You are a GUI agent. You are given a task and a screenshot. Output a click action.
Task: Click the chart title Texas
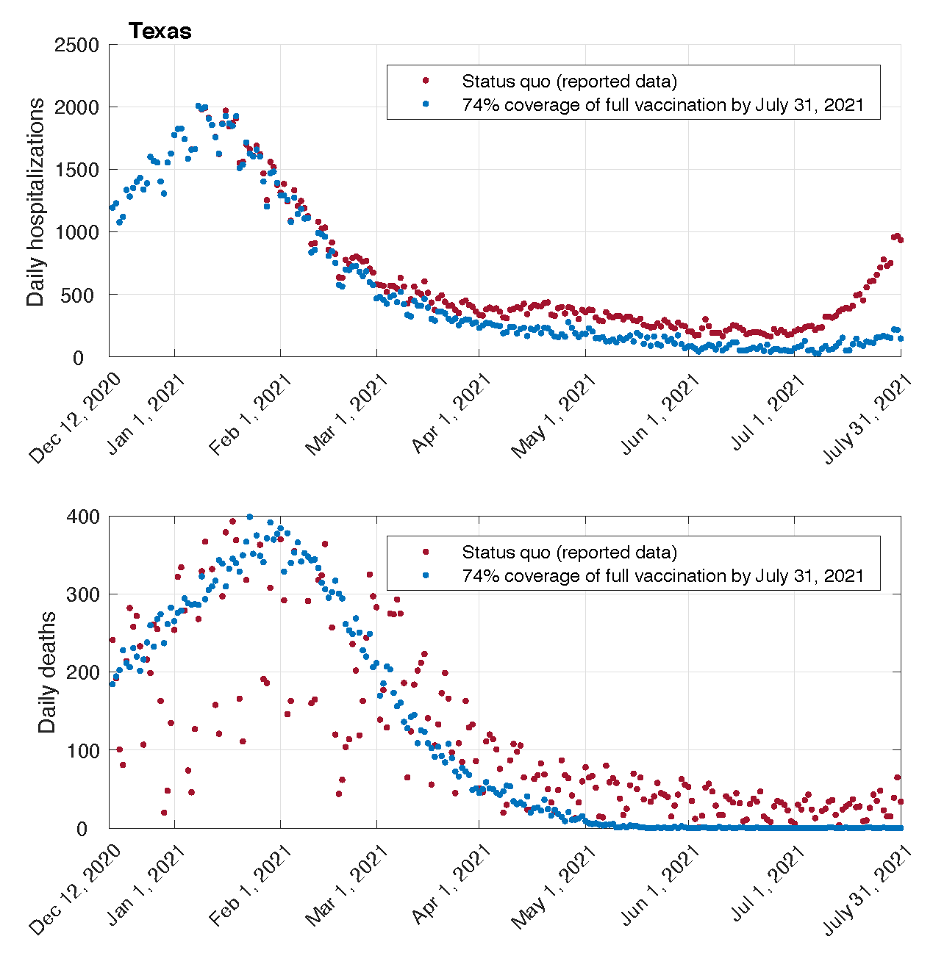(160, 31)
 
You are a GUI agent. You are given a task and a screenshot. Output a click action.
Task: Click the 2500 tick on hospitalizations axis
(76, 45)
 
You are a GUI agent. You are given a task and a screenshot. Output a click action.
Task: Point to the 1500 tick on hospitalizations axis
(76, 170)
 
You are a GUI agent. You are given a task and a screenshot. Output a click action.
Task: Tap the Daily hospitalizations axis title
(35, 201)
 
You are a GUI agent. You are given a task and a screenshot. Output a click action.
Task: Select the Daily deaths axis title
(47, 672)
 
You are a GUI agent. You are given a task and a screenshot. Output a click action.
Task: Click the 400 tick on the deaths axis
(82, 517)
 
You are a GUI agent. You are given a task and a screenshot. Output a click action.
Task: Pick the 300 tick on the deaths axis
(82, 594)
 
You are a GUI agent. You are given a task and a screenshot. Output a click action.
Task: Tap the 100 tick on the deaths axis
(82, 750)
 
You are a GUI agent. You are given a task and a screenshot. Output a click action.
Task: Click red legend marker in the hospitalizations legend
(425, 81)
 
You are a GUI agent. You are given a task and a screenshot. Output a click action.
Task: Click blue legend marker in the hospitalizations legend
(425, 104)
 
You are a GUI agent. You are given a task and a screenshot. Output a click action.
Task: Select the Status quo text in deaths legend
(569, 552)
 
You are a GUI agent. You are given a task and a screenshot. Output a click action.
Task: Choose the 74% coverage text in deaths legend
(662, 575)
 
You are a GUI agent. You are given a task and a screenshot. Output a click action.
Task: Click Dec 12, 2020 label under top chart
(75, 417)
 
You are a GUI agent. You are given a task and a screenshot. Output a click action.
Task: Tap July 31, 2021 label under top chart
(868, 417)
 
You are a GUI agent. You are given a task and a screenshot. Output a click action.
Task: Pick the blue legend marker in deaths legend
(425, 575)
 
